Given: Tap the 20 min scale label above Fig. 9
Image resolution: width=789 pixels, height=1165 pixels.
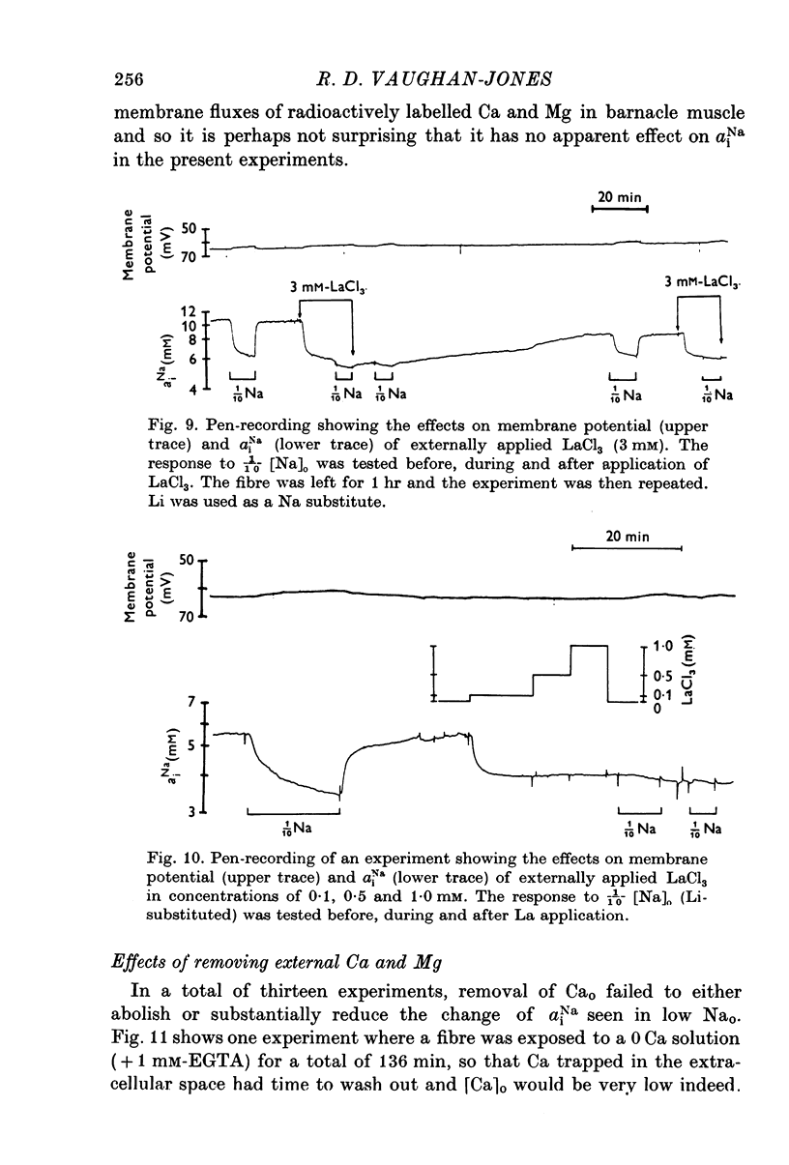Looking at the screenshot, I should (619, 198).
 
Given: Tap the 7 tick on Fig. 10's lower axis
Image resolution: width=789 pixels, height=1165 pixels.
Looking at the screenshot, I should (191, 700).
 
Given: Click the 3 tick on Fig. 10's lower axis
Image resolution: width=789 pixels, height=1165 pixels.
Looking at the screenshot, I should (191, 812).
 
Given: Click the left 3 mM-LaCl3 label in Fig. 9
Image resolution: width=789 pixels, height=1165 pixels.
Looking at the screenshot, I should (329, 287).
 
